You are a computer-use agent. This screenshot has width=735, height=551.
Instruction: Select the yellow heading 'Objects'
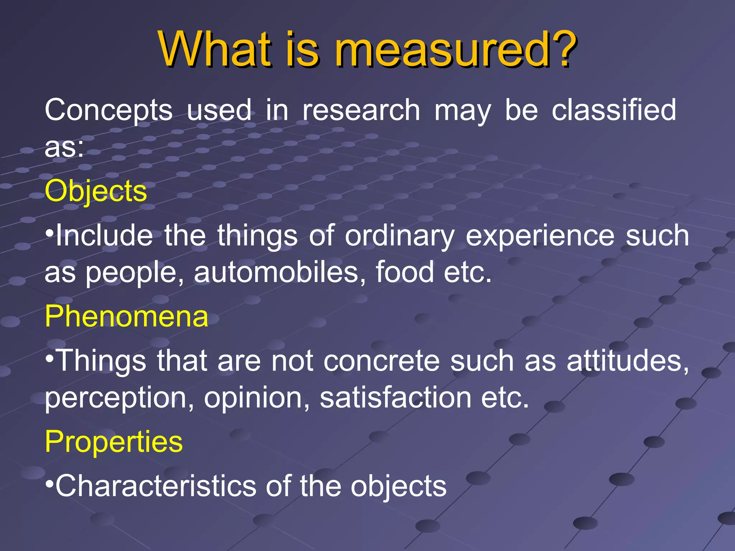96,191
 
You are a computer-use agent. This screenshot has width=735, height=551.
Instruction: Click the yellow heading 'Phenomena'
126,316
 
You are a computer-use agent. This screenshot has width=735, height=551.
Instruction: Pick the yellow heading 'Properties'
114,442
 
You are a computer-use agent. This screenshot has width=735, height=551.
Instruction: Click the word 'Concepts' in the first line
108,110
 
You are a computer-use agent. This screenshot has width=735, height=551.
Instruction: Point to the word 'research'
361,110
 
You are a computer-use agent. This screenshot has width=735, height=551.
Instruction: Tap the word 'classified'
614,110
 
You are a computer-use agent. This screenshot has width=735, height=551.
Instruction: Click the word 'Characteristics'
156,486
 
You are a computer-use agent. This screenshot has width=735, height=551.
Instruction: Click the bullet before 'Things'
50,358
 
